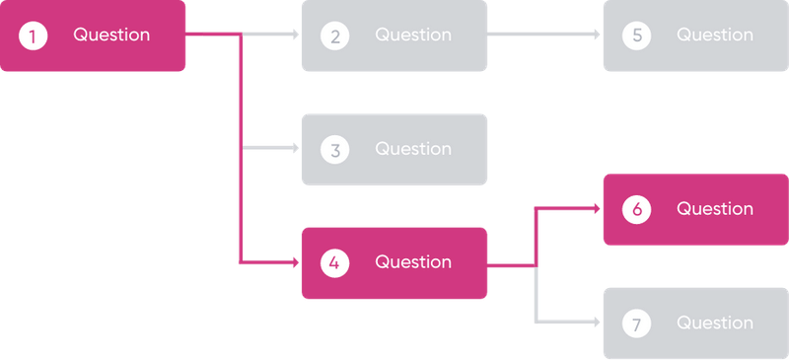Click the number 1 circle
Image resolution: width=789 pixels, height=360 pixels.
34,36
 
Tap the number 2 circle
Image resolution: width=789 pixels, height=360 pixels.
335,36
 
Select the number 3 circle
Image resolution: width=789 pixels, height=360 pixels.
335,150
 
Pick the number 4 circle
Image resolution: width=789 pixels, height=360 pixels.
335,263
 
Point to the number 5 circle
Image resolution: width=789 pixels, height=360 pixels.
637,36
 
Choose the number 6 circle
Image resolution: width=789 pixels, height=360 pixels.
637,209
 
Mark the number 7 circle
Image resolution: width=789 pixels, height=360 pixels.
637,324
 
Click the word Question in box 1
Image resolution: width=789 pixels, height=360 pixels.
111,36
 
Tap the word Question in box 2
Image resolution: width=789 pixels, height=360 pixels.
413,36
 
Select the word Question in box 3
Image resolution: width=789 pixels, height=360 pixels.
413,150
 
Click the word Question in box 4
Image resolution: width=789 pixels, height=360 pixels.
413,263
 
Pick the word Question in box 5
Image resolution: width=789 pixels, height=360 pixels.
715,36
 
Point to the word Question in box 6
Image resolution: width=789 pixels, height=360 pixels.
715,209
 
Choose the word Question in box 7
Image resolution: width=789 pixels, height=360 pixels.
715,324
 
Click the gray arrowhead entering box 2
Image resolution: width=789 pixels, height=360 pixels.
295,35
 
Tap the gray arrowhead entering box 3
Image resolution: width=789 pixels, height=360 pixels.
295,149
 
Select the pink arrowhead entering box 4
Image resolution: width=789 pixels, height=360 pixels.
295,262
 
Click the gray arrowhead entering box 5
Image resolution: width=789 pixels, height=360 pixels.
597,35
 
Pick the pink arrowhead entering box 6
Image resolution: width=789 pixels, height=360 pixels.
597,208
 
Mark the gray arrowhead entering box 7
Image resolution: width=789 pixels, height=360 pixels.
597,323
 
